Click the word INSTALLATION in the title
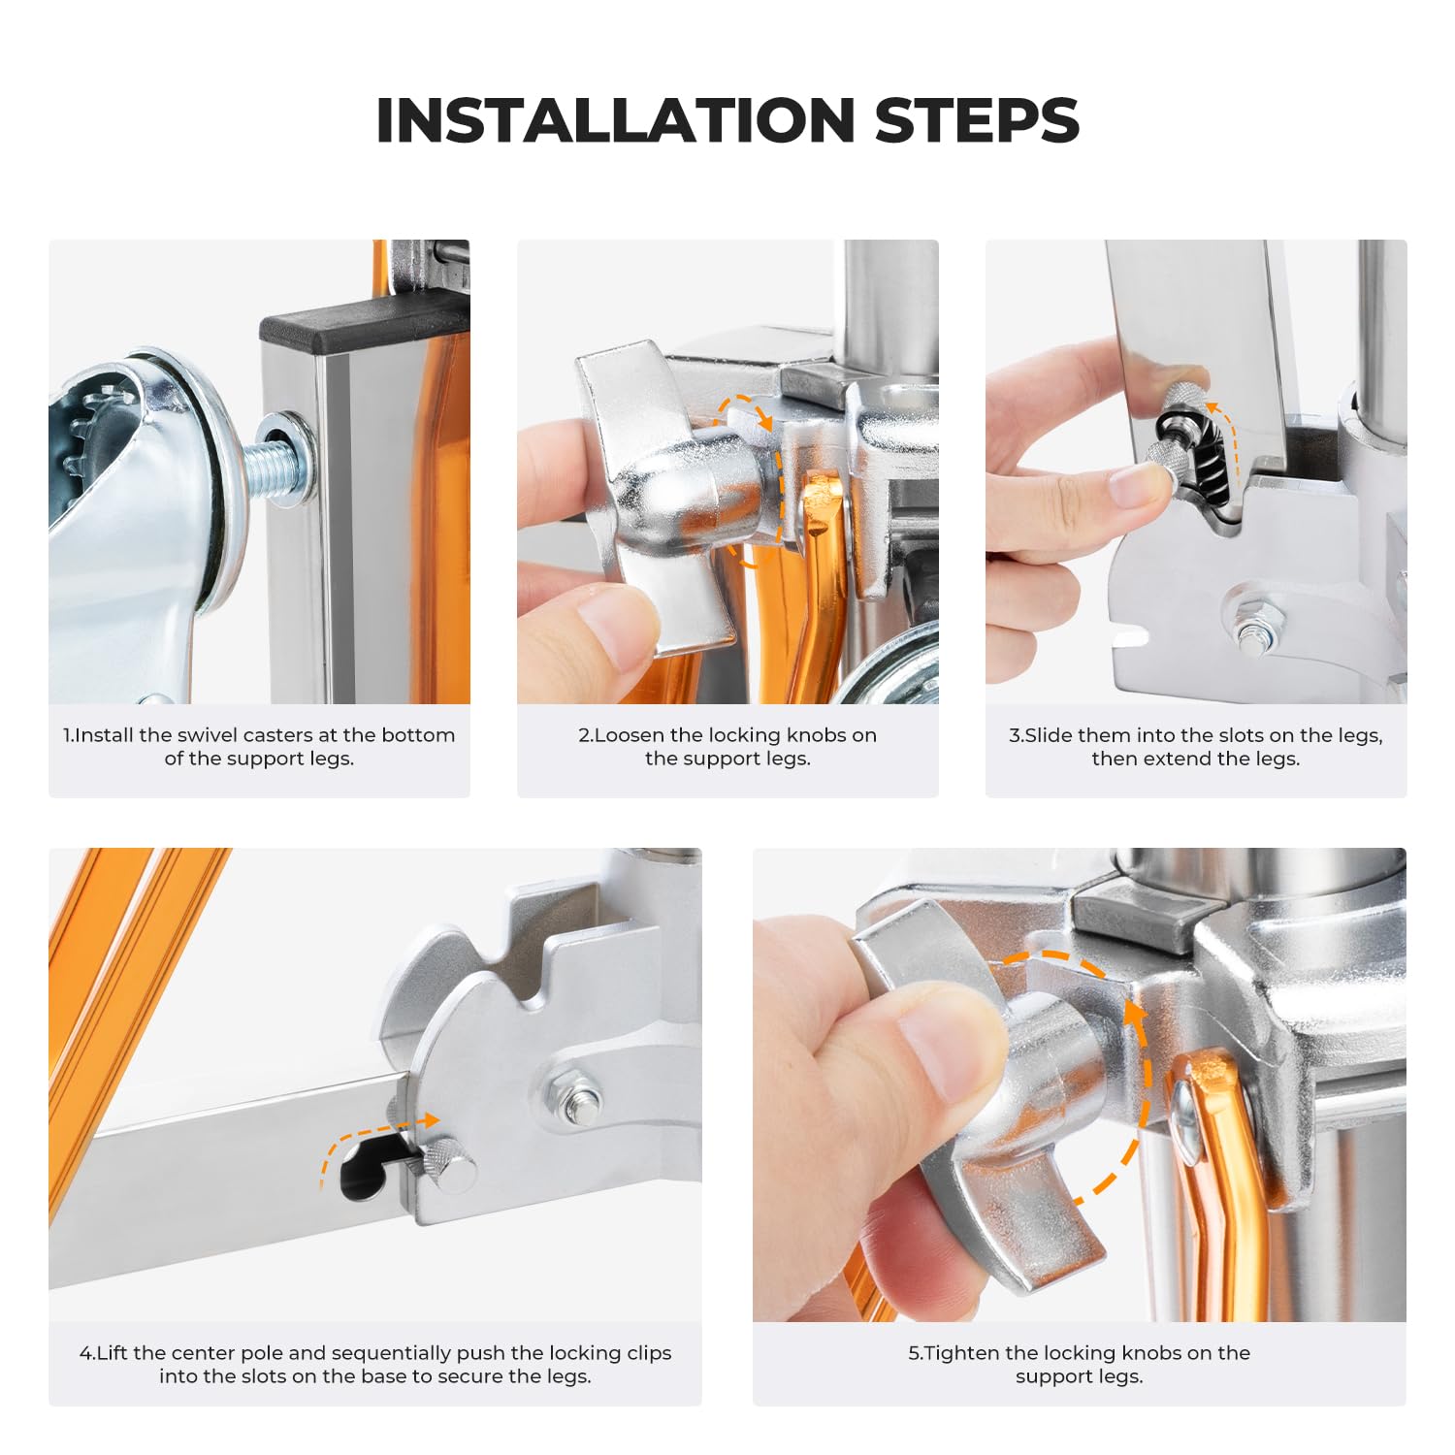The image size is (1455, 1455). [x=614, y=120]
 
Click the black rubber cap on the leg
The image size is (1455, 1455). [x=364, y=327]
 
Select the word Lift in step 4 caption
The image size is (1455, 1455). [x=112, y=1353]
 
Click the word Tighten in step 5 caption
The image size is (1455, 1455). [x=962, y=1353]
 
